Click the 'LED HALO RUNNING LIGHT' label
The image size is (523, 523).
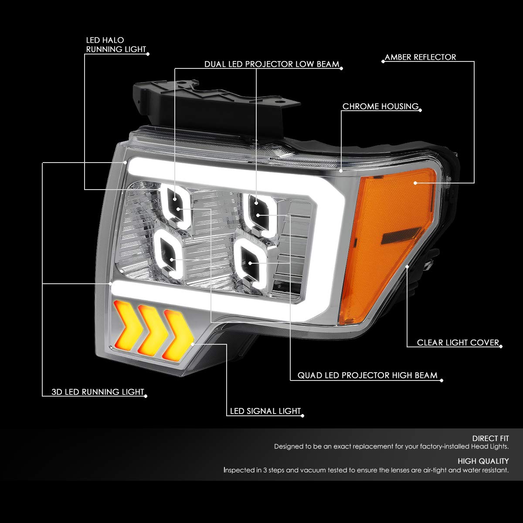coord(116,45)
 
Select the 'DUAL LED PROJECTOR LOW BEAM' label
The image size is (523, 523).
coord(272,65)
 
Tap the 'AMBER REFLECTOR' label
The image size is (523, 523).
coord(420,57)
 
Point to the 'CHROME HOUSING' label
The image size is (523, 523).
coord(380,107)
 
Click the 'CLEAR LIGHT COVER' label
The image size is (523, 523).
coord(458,343)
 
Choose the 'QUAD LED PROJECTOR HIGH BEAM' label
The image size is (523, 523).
coord(367,375)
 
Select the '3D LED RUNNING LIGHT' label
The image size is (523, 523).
coord(98,392)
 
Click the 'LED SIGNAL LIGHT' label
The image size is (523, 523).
coord(265,411)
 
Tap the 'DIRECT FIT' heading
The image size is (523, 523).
coord(490,438)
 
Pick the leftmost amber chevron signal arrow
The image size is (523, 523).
coord(127,323)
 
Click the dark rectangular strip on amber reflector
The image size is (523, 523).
coord(401,235)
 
